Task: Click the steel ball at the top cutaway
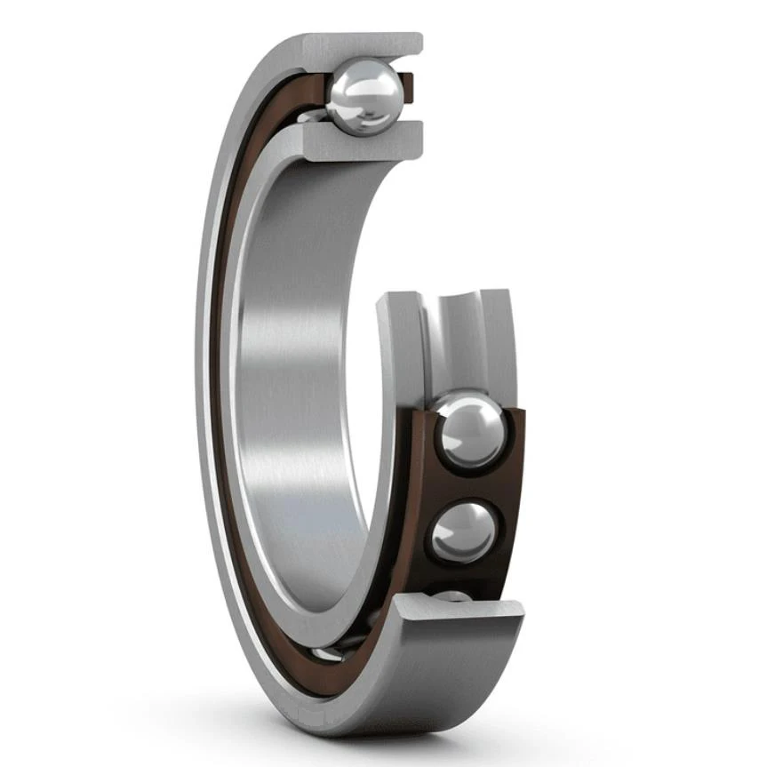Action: [362, 98]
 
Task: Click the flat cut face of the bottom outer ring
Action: [459, 610]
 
